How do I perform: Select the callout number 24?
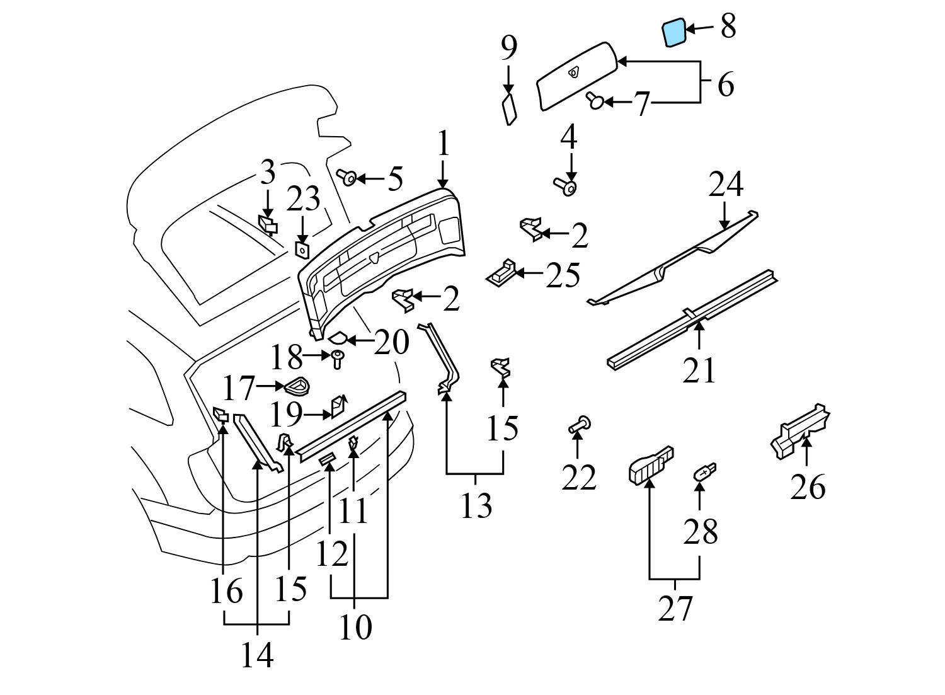pyautogui.click(x=726, y=185)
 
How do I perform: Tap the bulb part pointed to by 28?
pyautogui.click(x=704, y=473)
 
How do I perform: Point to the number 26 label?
pyautogui.click(x=808, y=487)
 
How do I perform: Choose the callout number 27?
pyautogui.click(x=675, y=609)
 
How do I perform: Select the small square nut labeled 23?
pyautogui.click(x=302, y=250)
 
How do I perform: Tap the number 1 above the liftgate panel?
pyautogui.click(x=444, y=144)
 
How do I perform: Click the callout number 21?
pyautogui.click(x=699, y=370)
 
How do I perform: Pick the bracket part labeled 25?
pyautogui.click(x=502, y=272)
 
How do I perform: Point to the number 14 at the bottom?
pyautogui.click(x=257, y=655)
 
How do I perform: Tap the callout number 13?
pyautogui.click(x=476, y=505)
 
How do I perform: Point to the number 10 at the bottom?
pyautogui.click(x=355, y=627)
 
